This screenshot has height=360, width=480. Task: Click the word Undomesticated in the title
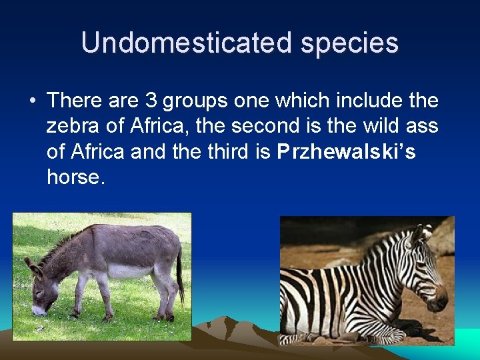[x=187, y=43]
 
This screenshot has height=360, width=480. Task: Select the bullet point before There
[x=32, y=101]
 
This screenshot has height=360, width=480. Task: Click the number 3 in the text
[x=151, y=101]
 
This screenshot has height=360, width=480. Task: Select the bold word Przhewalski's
[x=346, y=152]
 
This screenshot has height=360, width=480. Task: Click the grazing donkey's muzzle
[x=39, y=309]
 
